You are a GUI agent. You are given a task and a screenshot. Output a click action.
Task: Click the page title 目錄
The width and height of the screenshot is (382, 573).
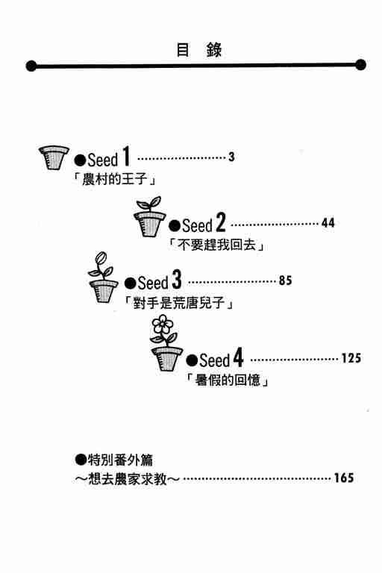click(199, 50)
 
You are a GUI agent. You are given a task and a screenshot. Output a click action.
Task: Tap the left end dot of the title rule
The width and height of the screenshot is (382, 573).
click(31, 66)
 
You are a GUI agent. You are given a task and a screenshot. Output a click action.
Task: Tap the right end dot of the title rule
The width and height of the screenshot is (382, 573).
click(361, 65)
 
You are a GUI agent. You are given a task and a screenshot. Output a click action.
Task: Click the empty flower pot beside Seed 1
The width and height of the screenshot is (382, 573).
click(54, 157)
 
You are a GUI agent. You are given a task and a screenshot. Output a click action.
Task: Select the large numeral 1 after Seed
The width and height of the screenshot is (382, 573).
click(126, 156)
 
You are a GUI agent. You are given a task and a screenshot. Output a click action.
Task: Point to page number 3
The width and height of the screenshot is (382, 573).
click(231, 157)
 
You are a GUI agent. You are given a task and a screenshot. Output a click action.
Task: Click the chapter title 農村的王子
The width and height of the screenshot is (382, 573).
click(115, 179)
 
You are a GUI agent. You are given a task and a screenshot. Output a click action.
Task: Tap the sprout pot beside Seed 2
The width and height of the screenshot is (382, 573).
click(149, 216)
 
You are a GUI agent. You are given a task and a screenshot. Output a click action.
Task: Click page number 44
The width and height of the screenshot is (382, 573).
click(328, 223)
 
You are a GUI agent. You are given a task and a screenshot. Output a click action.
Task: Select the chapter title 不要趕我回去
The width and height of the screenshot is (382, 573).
click(216, 245)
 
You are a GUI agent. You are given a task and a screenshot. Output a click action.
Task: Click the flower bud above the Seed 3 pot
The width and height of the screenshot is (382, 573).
click(101, 259)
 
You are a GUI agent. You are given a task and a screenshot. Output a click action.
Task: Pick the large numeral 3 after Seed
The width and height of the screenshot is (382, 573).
click(177, 280)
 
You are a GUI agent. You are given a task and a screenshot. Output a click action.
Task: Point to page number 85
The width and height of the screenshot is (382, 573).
click(286, 281)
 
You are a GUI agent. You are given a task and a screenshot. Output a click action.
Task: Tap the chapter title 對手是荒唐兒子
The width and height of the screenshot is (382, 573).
click(179, 303)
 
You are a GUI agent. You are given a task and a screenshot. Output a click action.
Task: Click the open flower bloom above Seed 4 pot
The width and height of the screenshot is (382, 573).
click(163, 325)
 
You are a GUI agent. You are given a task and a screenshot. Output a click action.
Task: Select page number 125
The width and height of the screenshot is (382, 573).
click(351, 358)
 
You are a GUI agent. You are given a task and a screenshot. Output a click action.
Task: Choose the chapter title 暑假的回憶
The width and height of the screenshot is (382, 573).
click(228, 380)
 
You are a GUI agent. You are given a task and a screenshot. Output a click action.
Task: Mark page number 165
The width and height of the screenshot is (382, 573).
click(344, 477)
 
